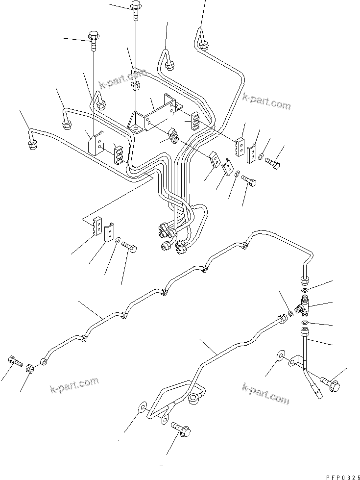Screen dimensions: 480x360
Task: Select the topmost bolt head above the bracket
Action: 136,6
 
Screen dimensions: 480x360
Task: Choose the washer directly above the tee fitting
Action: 304,291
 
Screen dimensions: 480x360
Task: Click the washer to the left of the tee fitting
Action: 291,314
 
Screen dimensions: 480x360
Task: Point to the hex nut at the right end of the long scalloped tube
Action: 304,280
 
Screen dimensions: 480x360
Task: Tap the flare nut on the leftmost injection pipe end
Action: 29,144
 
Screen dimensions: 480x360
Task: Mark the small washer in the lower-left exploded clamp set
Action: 118,240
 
